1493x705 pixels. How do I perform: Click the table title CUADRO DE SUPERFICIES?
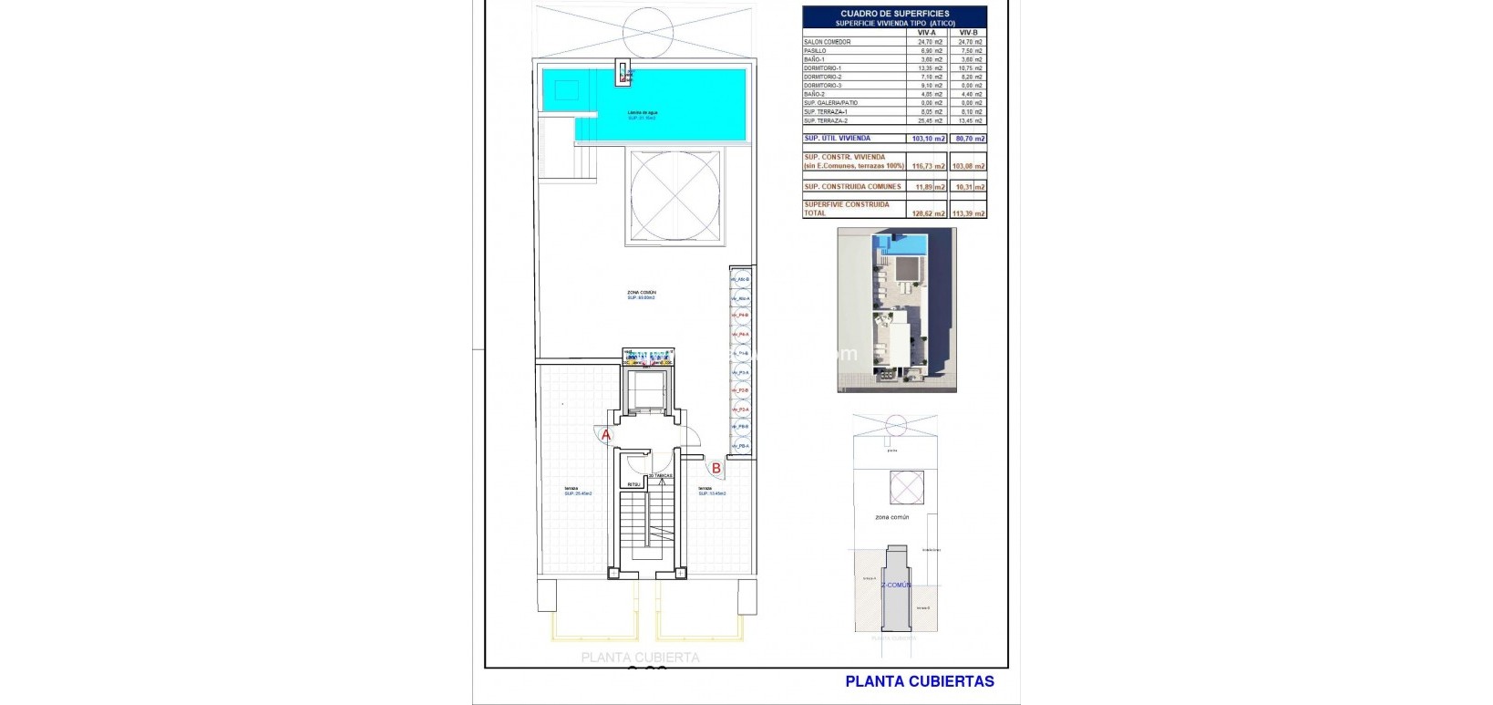point(893,14)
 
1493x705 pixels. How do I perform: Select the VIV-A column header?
point(926,32)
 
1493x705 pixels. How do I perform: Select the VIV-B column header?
point(969,32)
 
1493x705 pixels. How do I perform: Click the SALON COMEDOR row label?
point(828,42)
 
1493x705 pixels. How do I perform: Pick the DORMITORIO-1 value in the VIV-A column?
point(926,68)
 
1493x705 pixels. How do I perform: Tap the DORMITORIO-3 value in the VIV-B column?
point(969,86)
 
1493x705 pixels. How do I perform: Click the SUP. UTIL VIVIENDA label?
point(837,139)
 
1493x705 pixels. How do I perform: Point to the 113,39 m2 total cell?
point(969,213)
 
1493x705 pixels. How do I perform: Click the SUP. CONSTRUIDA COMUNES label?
point(852,186)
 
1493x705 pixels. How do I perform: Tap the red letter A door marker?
point(607,435)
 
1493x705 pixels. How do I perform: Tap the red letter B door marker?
point(716,468)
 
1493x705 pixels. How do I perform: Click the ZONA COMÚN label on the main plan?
point(642,294)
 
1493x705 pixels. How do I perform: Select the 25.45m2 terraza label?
point(577,492)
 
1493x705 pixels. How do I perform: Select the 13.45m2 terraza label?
point(712,492)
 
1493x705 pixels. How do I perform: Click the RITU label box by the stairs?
point(634,484)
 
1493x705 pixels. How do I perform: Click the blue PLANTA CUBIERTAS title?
point(920,680)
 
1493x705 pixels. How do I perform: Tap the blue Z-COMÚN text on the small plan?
point(895,585)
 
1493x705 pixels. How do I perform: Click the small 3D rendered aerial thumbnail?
point(897,310)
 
